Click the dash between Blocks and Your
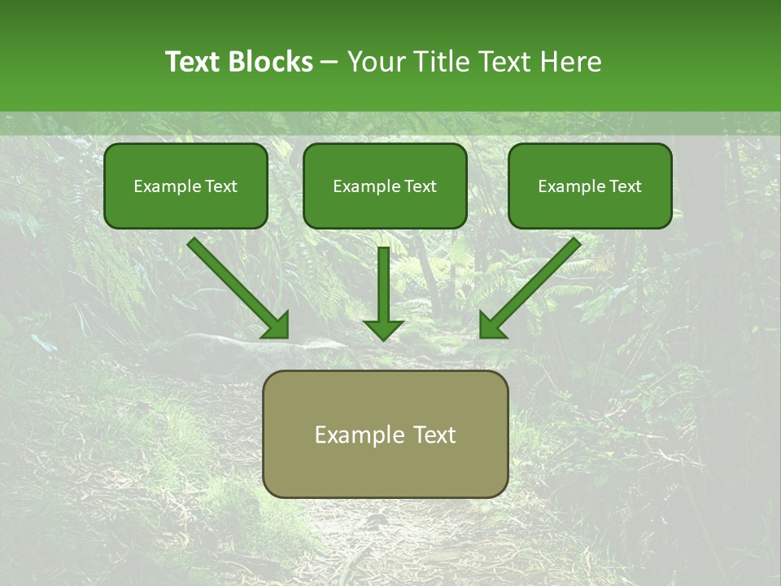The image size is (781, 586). click(x=329, y=63)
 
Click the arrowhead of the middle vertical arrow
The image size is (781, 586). click(x=383, y=329)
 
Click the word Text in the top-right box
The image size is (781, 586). click(x=626, y=186)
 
